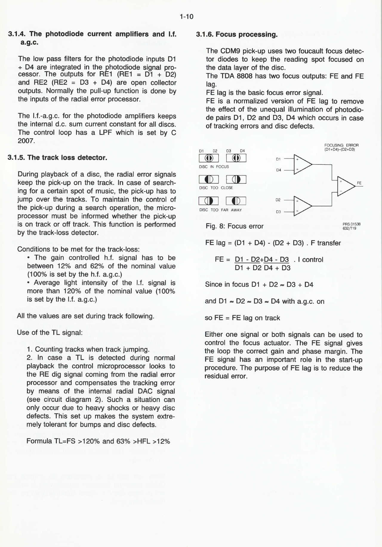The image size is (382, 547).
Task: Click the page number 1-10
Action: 187,17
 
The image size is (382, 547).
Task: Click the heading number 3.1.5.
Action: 16,158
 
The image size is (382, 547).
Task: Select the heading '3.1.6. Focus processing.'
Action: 237,34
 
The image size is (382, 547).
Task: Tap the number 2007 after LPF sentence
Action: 27,140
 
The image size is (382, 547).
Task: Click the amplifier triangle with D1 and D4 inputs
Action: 302,164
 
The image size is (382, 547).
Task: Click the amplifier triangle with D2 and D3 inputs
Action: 302,206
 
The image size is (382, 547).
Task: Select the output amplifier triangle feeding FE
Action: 345,186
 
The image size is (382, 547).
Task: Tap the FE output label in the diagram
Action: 359,183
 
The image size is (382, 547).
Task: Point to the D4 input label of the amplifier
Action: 278,170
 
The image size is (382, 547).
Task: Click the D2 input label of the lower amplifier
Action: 278,200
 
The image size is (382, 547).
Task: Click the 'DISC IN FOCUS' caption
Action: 214,167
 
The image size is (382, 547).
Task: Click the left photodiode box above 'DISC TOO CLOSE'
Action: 209,179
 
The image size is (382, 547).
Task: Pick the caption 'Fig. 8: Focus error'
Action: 235,226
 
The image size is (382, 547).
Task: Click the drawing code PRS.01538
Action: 352,224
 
